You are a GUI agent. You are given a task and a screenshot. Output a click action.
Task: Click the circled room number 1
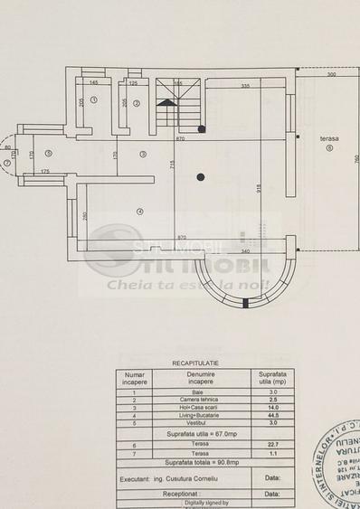click(x=93, y=103)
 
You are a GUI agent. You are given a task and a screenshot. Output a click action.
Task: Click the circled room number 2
click(x=135, y=103)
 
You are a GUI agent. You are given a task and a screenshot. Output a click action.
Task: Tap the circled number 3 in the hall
click(x=142, y=155)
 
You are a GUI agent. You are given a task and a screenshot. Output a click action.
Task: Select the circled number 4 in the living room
click(x=139, y=212)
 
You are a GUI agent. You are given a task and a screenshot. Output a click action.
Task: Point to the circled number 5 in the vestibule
click(x=48, y=154)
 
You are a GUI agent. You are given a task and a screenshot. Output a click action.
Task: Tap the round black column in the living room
click(x=200, y=177)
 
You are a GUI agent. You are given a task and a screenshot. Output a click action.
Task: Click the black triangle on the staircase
click(x=166, y=103)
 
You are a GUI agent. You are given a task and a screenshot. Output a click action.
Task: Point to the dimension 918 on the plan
click(x=259, y=189)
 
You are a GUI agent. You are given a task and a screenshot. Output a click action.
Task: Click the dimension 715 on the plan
click(x=172, y=164)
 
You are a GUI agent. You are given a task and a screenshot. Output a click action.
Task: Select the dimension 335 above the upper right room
click(x=245, y=86)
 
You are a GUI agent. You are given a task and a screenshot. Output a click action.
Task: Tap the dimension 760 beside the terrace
click(x=355, y=159)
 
